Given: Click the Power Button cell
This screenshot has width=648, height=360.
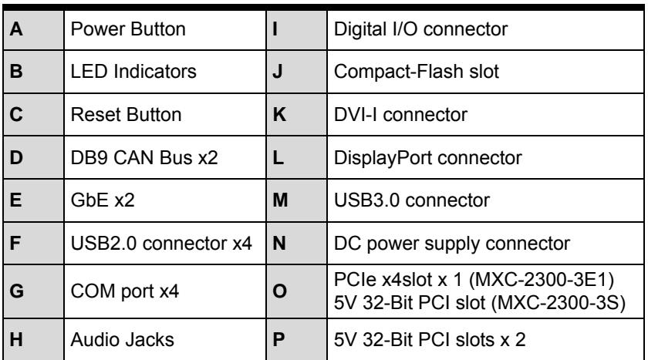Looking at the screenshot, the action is (x=128, y=29).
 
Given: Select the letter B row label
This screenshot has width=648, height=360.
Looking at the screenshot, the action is (x=16, y=72).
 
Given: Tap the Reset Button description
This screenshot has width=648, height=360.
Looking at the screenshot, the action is (x=126, y=115).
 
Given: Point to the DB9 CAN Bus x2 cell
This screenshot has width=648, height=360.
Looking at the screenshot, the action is (x=144, y=158).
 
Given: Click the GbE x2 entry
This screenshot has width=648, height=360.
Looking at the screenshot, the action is (x=103, y=200).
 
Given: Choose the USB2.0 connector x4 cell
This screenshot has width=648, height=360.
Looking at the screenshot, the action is (x=161, y=243).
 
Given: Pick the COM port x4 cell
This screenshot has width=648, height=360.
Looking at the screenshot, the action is (x=125, y=291).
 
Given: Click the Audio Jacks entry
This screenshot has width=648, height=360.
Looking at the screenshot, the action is (x=123, y=340).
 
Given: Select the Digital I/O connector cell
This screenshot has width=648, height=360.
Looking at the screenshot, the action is (x=420, y=29).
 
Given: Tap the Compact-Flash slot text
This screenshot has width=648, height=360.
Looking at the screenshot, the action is (x=417, y=72).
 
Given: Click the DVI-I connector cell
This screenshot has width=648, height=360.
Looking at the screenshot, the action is (x=400, y=115).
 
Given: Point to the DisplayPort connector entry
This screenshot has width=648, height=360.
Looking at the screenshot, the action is (x=427, y=158).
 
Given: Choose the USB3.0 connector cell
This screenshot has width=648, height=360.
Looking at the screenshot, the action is (x=412, y=200).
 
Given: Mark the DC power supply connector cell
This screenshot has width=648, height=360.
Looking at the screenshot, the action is (x=452, y=243).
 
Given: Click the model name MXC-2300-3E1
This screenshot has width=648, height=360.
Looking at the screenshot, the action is (x=542, y=280).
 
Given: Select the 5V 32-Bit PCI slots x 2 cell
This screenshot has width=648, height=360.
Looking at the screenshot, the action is (x=430, y=340).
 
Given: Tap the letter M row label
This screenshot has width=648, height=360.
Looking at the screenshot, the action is (x=280, y=200).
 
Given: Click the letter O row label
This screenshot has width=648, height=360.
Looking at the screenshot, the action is (x=280, y=291).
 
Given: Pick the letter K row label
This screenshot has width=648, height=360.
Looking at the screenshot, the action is (x=279, y=115).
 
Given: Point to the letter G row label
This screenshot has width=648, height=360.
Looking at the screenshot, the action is (x=16, y=291).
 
